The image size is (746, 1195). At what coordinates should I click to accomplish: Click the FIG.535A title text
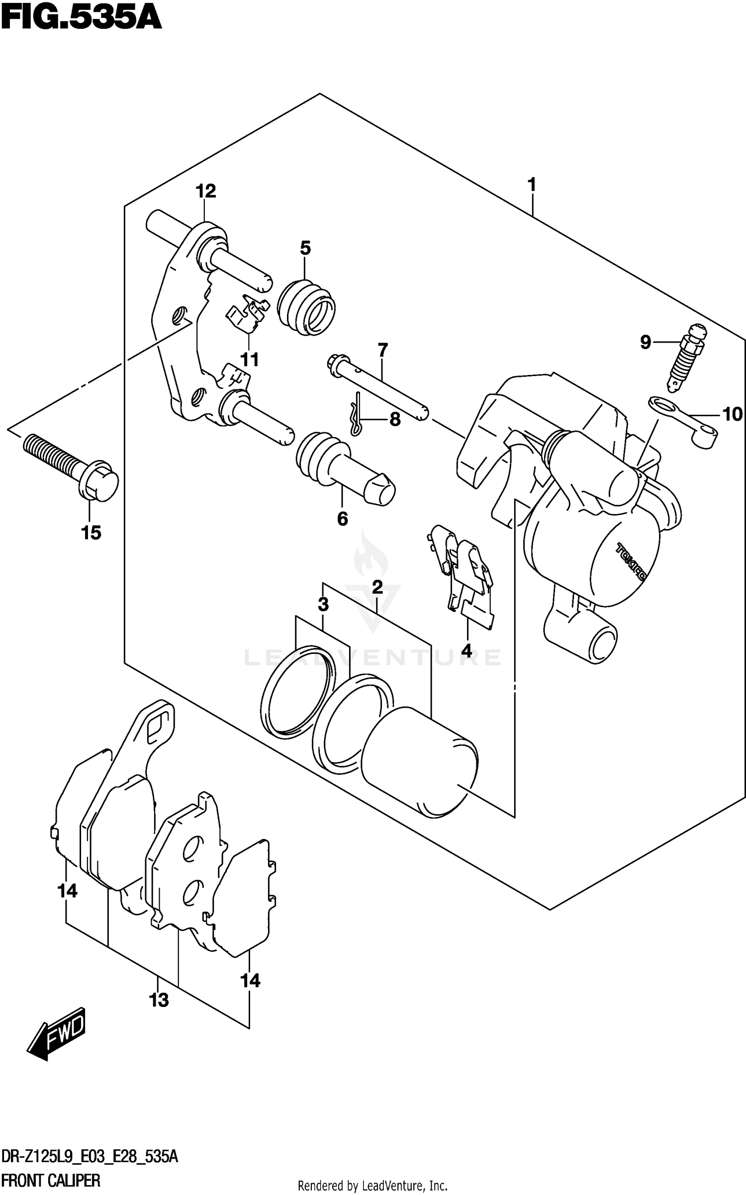tap(81, 19)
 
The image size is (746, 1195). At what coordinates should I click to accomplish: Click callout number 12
tap(205, 191)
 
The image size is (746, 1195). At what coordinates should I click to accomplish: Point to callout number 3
tap(323, 605)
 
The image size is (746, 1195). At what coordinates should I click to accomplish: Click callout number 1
tap(532, 185)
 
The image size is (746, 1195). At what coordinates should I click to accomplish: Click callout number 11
tap(250, 360)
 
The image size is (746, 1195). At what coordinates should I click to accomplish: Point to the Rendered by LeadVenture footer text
tap(373, 1186)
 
